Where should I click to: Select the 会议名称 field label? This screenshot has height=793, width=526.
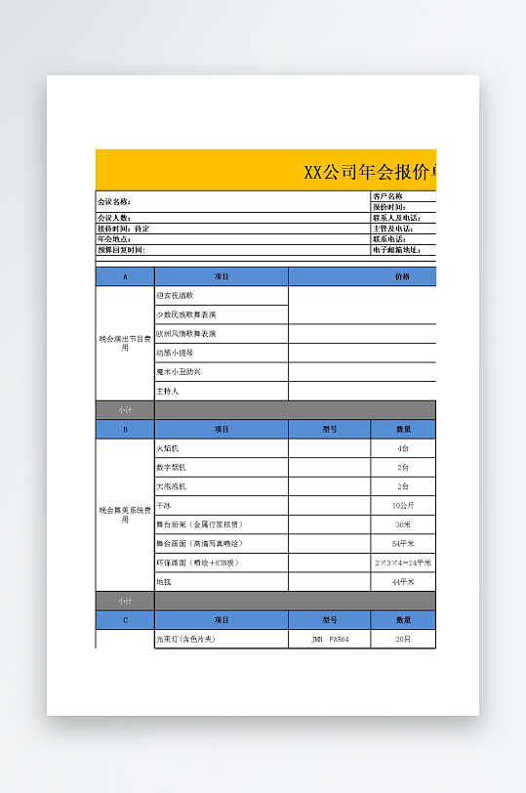pyautogui.click(x=114, y=201)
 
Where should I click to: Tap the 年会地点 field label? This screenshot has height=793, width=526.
pyautogui.click(x=114, y=239)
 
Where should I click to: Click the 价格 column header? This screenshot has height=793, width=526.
pyautogui.click(x=402, y=276)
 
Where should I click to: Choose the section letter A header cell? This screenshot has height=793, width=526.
pyautogui.click(x=125, y=276)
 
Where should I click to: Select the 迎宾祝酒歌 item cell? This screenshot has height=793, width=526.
pyautogui.click(x=176, y=295)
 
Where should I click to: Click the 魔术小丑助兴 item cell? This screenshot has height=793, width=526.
pyautogui.click(x=180, y=372)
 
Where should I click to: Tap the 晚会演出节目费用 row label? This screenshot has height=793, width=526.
pyautogui.click(x=125, y=343)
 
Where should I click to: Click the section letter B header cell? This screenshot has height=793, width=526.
pyautogui.click(x=125, y=429)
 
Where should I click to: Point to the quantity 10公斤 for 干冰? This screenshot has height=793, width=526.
pyautogui.click(x=403, y=506)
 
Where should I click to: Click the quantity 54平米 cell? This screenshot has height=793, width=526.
pyautogui.click(x=403, y=543)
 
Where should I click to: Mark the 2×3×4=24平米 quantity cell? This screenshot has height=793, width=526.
pyautogui.click(x=403, y=563)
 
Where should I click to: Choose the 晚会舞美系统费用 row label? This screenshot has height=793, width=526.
pyautogui.click(x=125, y=515)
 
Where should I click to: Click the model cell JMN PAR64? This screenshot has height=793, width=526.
pyautogui.click(x=329, y=640)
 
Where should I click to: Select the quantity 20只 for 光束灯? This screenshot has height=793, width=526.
pyautogui.click(x=403, y=640)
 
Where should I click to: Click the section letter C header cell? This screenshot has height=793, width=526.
pyautogui.click(x=125, y=620)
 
